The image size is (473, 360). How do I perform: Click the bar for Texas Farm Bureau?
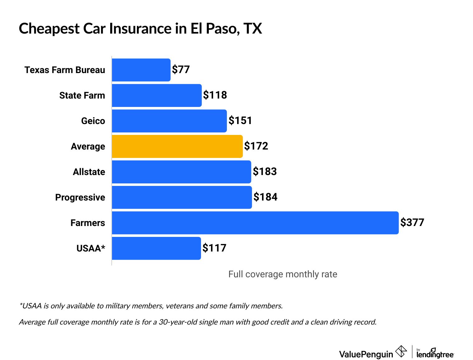click(x=141, y=70)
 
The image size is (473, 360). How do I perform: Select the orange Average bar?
click(x=177, y=146)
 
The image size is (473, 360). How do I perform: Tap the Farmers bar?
click(x=255, y=223)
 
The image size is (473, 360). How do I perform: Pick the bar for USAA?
click(x=156, y=248)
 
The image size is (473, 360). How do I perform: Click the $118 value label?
click(x=215, y=95)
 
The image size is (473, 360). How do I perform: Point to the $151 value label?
click(x=240, y=121)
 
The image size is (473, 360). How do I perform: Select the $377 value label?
click(x=412, y=223)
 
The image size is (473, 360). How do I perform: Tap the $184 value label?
click(x=265, y=197)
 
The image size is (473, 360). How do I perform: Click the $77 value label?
click(x=181, y=70)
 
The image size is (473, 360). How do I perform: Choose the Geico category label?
click(x=93, y=121)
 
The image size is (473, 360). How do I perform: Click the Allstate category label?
click(x=89, y=172)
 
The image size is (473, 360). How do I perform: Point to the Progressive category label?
click(x=80, y=197)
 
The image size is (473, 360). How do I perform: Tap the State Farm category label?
click(x=82, y=95)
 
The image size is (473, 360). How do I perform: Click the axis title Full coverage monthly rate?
click(x=283, y=274)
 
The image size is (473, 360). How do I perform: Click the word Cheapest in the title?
click(x=49, y=29)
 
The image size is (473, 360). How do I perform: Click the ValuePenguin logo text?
click(x=366, y=354)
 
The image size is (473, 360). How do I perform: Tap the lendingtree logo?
click(x=435, y=354)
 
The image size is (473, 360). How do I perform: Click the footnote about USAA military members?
click(x=151, y=306)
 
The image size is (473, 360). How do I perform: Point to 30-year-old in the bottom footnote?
click(x=178, y=322)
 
